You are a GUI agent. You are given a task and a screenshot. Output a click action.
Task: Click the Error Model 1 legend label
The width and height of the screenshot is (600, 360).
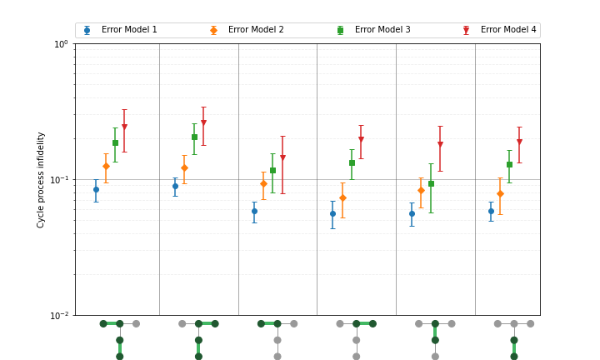[129, 30]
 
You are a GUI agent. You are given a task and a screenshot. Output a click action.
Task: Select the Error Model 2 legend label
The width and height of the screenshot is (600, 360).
[256, 30]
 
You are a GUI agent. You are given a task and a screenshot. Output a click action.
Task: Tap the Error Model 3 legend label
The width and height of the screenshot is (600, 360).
[382, 30]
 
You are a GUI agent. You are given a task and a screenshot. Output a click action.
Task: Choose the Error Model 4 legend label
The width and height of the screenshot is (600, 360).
[508, 30]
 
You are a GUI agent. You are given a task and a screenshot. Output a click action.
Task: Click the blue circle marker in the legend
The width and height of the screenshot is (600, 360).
[87, 30]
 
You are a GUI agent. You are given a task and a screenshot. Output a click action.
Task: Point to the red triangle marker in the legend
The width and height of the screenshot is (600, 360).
[466, 30]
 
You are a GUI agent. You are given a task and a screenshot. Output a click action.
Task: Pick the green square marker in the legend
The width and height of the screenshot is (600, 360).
[340, 30]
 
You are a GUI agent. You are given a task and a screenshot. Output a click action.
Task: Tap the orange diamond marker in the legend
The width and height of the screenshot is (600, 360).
[213, 30]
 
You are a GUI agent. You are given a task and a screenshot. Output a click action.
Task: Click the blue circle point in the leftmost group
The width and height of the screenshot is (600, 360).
[96, 189]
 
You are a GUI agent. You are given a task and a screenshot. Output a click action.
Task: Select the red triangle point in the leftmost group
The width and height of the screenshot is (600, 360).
[124, 127]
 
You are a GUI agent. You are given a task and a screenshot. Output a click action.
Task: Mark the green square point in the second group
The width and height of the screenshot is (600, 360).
[194, 137]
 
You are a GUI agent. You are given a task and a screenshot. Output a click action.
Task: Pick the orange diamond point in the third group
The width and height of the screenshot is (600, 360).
[263, 183]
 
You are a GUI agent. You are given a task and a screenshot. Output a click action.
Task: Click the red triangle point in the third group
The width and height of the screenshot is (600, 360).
[282, 157]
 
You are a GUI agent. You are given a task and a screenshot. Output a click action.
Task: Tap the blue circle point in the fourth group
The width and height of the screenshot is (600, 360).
[332, 213]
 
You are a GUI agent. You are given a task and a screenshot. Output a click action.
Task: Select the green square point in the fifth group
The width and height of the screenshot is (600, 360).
[431, 183]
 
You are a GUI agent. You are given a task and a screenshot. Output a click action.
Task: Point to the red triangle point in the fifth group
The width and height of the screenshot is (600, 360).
[440, 144]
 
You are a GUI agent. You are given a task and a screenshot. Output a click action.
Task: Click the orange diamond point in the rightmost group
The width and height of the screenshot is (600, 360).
[500, 193]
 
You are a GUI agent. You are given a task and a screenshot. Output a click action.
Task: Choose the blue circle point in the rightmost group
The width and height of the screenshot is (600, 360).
[491, 211]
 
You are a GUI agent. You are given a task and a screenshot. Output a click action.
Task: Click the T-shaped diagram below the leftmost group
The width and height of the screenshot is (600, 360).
[119, 338]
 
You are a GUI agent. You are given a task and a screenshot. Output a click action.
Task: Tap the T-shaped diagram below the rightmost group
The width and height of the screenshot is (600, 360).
[514, 338]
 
